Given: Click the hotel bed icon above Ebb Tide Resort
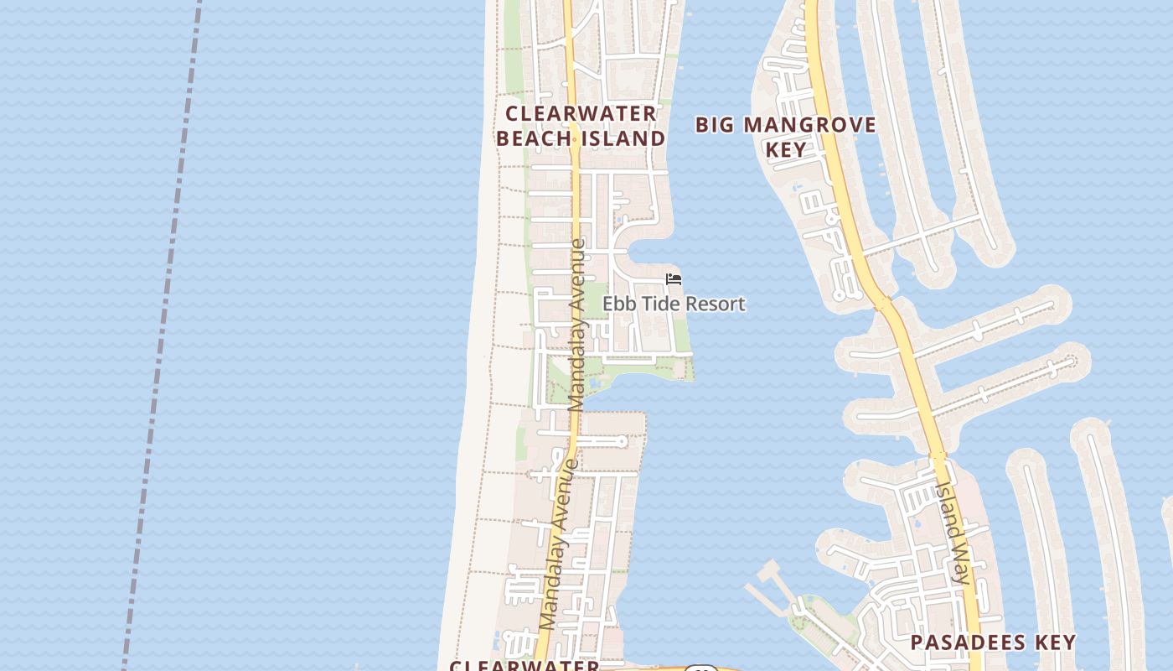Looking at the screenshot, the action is pyautogui.click(x=674, y=279).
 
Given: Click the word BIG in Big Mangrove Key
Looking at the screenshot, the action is pyautogui.click(x=715, y=126).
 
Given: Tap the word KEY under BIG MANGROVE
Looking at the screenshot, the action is pyautogui.click(x=786, y=150).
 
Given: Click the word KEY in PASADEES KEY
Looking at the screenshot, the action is pyautogui.click(x=1055, y=643).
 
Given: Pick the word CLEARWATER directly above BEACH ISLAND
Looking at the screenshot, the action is pyautogui.click(x=581, y=113).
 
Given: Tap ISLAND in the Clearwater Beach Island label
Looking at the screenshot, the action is pyautogui.click(x=624, y=138).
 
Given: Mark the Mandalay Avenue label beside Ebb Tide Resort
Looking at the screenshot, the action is pyautogui.click(x=576, y=325).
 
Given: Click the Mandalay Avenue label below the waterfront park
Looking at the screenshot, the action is pyautogui.click(x=559, y=545).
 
